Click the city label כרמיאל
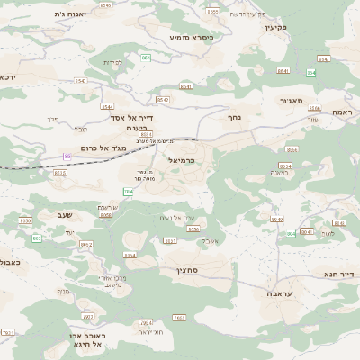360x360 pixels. (x=181, y=159)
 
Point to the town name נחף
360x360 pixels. (x=234, y=116)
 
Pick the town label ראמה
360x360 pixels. (x=342, y=112)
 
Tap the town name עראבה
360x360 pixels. (x=277, y=293)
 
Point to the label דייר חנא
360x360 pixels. (x=340, y=273)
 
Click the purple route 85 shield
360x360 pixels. (x=67, y=157)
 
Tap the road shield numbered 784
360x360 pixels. (x=128, y=192)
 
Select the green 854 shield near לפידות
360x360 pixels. (x=146, y=57)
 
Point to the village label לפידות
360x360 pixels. (x=112, y=62)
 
